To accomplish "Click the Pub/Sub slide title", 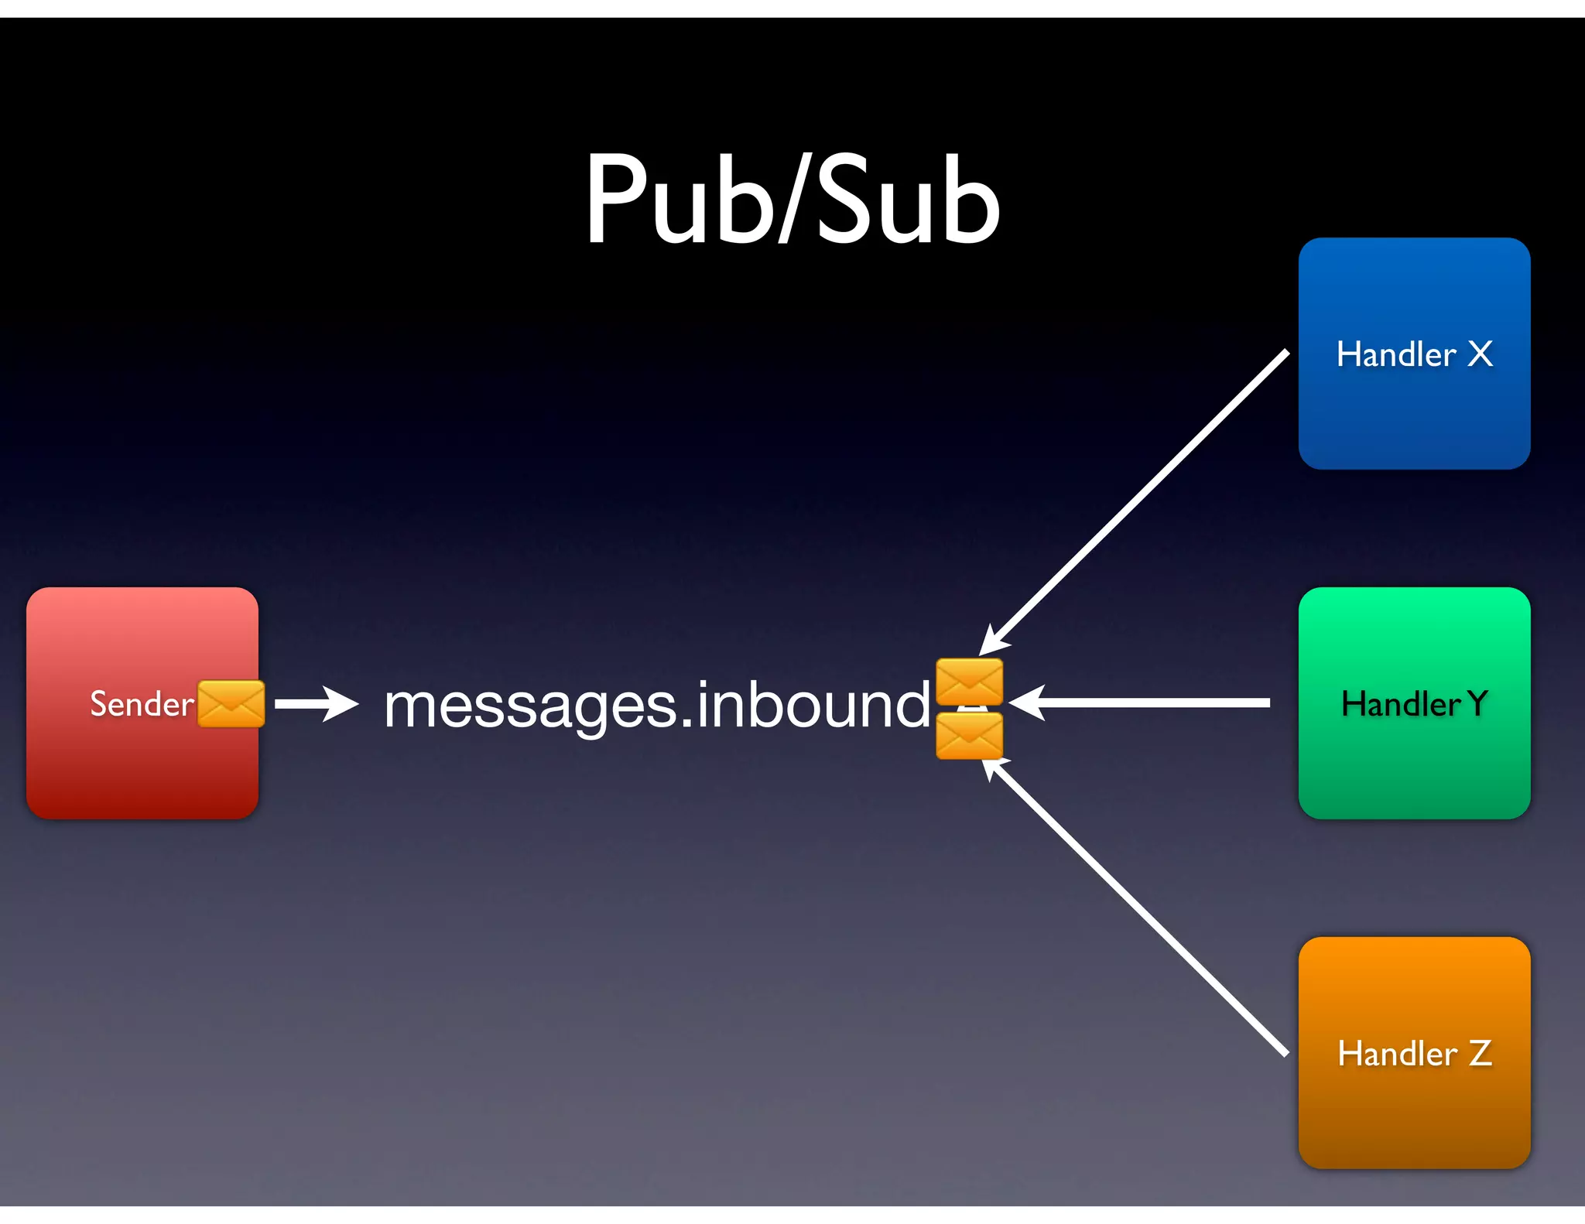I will point(792,200).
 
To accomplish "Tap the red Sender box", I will point(142,774).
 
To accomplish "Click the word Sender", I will point(142,704).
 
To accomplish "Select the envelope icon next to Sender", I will point(231,704).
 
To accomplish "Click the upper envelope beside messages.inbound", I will point(969,681).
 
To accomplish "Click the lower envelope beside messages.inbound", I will point(969,736).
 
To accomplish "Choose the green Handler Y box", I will point(1414,766).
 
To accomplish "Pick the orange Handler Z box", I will point(1414,1114).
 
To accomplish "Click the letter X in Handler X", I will point(1480,354).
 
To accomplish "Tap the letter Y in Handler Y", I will point(1477,703).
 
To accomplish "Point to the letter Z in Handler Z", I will point(1480,1053).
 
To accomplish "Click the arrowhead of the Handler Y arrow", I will point(1026,703).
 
